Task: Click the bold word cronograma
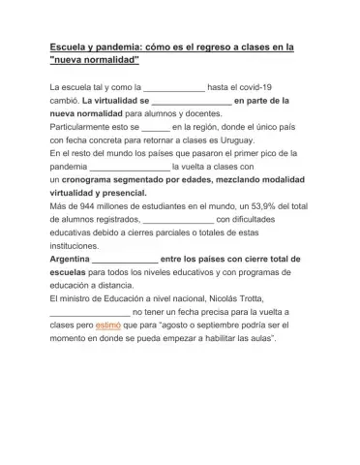(x=93, y=179)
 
